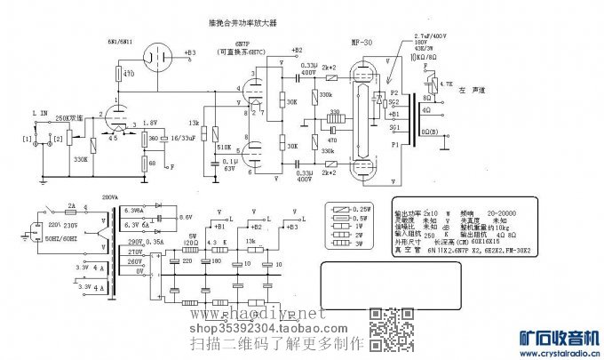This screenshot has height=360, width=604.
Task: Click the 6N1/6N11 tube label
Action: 122,41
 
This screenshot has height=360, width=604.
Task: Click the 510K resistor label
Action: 224,147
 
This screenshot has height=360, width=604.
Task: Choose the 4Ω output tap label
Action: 428,109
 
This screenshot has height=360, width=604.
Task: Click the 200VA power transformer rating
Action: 109,196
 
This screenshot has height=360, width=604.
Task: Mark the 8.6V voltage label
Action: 185,217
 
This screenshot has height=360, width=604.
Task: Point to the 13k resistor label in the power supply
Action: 250,241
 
